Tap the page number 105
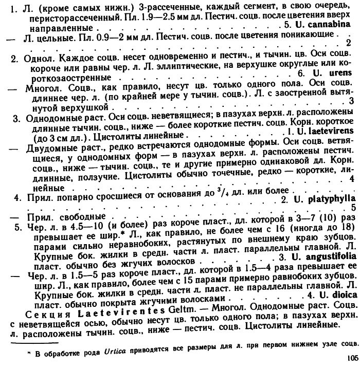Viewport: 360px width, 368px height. [352, 358]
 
